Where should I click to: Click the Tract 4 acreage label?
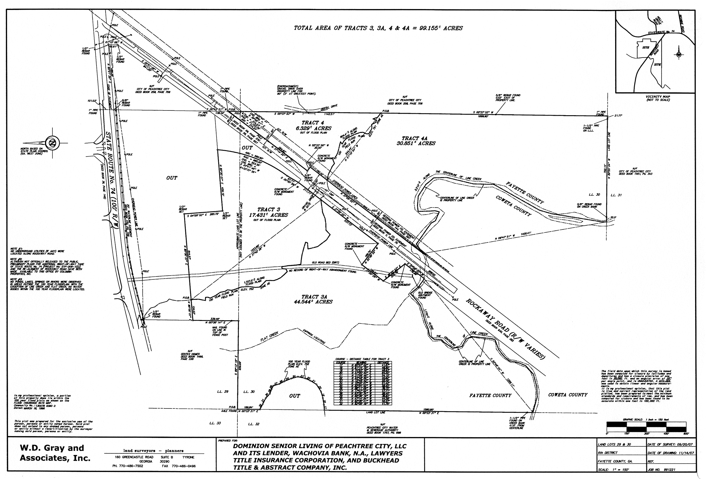click(314, 128)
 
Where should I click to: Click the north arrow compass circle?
click(52, 143)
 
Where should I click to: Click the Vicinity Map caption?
click(658, 98)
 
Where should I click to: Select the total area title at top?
click(378, 28)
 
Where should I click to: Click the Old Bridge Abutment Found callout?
click(424, 295)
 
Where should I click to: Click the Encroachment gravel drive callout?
click(296, 90)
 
